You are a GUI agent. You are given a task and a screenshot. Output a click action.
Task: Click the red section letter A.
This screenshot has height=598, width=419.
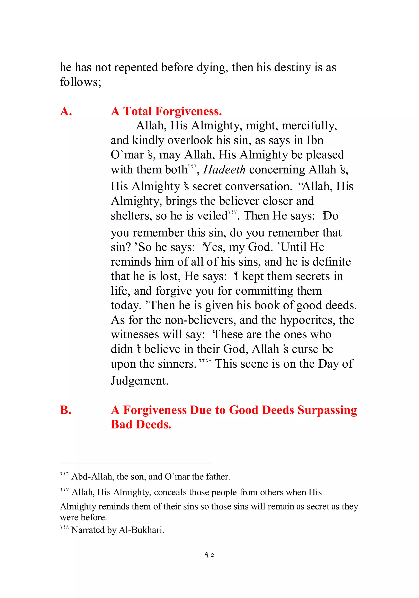click(66, 111)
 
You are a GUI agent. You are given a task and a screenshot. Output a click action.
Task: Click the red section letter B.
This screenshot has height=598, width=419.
click(66, 410)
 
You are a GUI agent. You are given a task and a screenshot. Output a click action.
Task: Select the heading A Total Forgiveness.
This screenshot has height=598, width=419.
click(166, 111)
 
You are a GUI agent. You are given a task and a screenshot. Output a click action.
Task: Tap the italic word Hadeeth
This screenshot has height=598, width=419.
click(224, 169)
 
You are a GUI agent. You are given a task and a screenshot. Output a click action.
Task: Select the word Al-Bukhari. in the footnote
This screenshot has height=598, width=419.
click(142, 530)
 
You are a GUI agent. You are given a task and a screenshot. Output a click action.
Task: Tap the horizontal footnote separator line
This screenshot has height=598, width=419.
click(135, 463)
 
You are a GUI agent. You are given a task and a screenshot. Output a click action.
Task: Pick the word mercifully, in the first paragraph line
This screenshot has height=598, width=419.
click(309, 126)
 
